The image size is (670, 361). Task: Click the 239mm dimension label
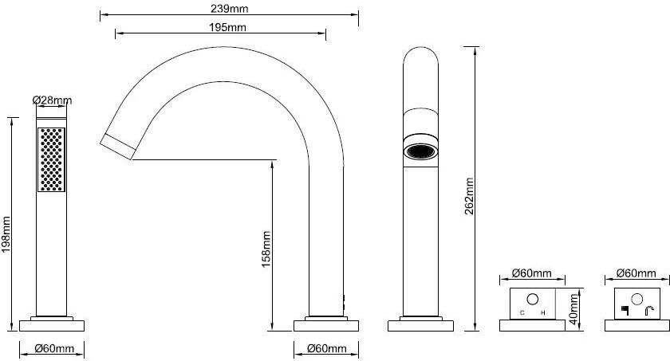[x=229, y=9]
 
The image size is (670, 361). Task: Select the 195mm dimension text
[x=228, y=28]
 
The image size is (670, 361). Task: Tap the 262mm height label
[x=470, y=196]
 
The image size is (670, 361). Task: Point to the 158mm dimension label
[x=266, y=249]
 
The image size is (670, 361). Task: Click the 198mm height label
[x=6, y=234]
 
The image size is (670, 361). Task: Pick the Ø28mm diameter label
[x=52, y=100]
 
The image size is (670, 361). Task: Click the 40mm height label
[x=573, y=308]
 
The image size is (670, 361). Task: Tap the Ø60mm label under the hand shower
[x=54, y=348]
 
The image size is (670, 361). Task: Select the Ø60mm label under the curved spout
[x=327, y=348]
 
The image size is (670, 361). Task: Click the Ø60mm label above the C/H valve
[x=532, y=273]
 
